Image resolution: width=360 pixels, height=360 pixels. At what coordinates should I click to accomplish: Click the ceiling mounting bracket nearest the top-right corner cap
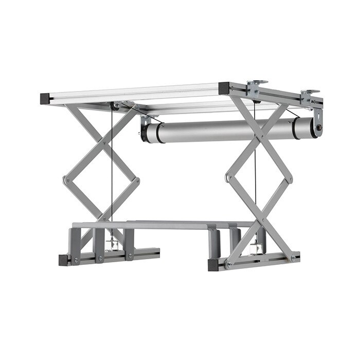click(254, 87)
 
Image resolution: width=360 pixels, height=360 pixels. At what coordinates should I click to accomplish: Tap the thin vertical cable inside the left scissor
click(111, 170)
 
